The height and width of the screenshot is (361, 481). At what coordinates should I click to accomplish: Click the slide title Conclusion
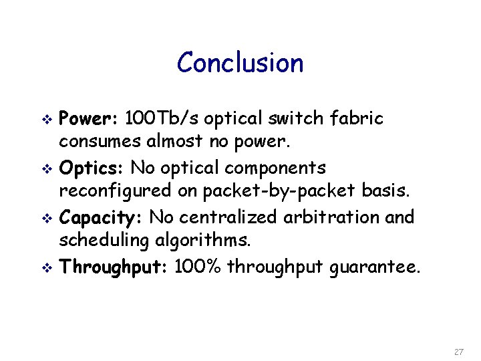click(x=240, y=63)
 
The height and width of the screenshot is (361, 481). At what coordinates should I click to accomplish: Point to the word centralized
click(x=230, y=217)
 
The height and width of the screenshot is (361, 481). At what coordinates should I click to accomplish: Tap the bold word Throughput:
click(x=114, y=267)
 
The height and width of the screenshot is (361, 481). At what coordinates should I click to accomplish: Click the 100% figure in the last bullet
click(x=198, y=267)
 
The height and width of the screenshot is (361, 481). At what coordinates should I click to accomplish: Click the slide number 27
click(x=458, y=352)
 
